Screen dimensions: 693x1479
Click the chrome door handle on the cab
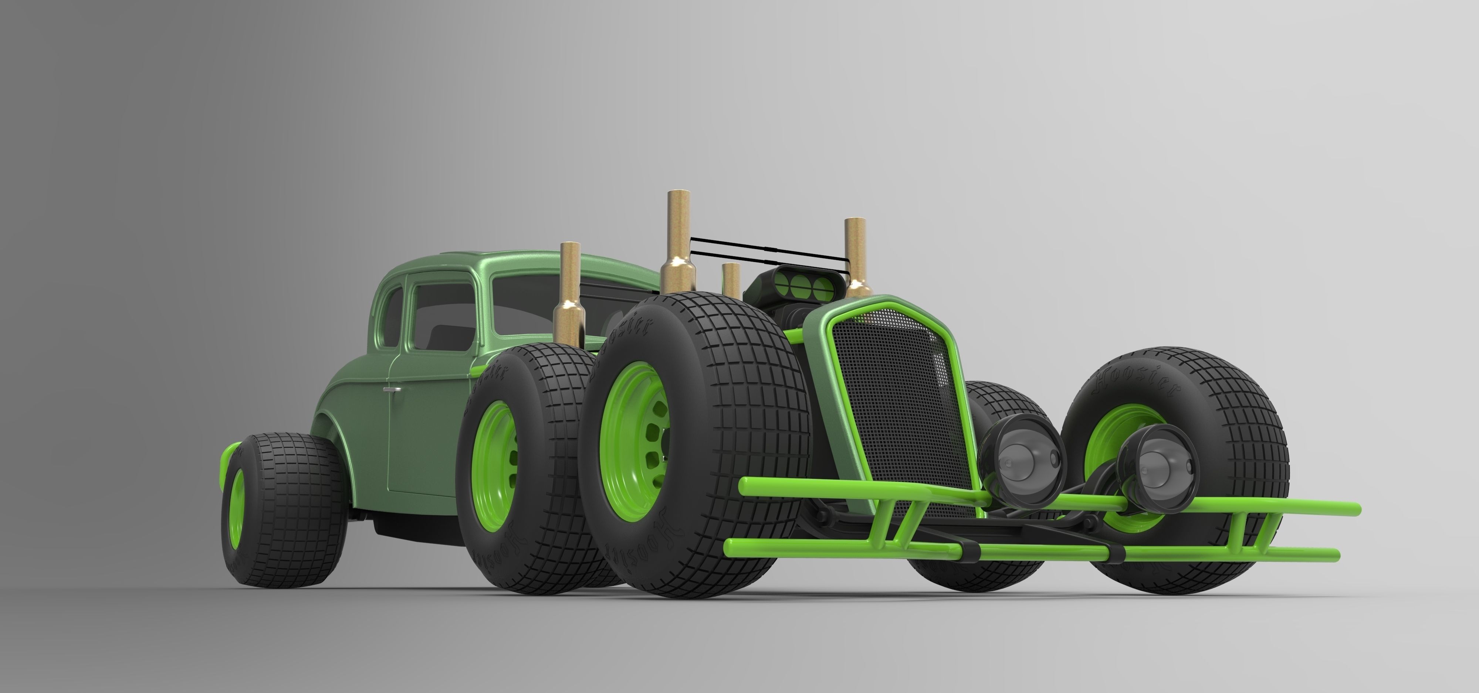point(393,389)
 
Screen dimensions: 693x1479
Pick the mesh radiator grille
point(896,402)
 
